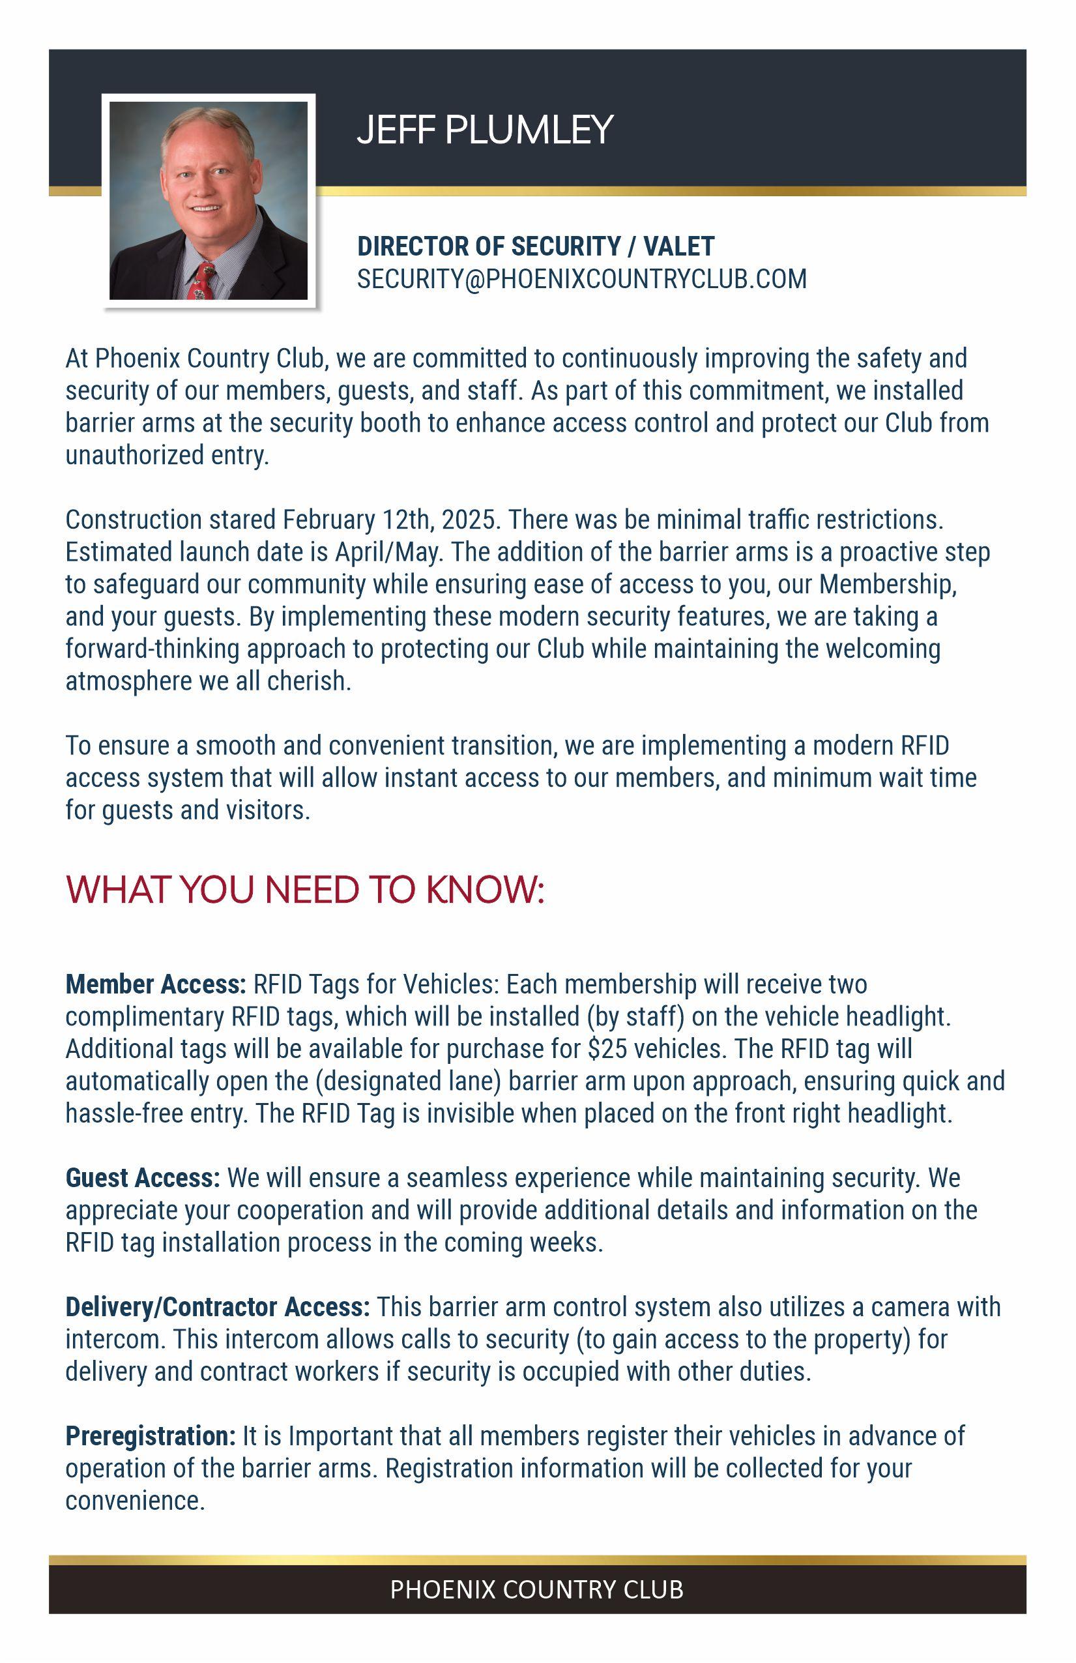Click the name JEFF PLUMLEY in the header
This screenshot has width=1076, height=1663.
point(484,130)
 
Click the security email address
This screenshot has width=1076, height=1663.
point(581,279)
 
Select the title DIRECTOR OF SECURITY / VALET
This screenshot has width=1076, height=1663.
point(535,246)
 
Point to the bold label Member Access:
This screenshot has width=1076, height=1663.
point(155,984)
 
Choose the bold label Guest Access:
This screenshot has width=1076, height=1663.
point(143,1178)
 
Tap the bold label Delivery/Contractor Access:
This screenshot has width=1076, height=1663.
point(217,1306)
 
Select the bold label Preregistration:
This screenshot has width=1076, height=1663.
point(150,1436)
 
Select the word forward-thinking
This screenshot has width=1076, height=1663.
point(153,649)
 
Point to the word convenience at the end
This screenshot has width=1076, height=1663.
point(135,1500)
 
